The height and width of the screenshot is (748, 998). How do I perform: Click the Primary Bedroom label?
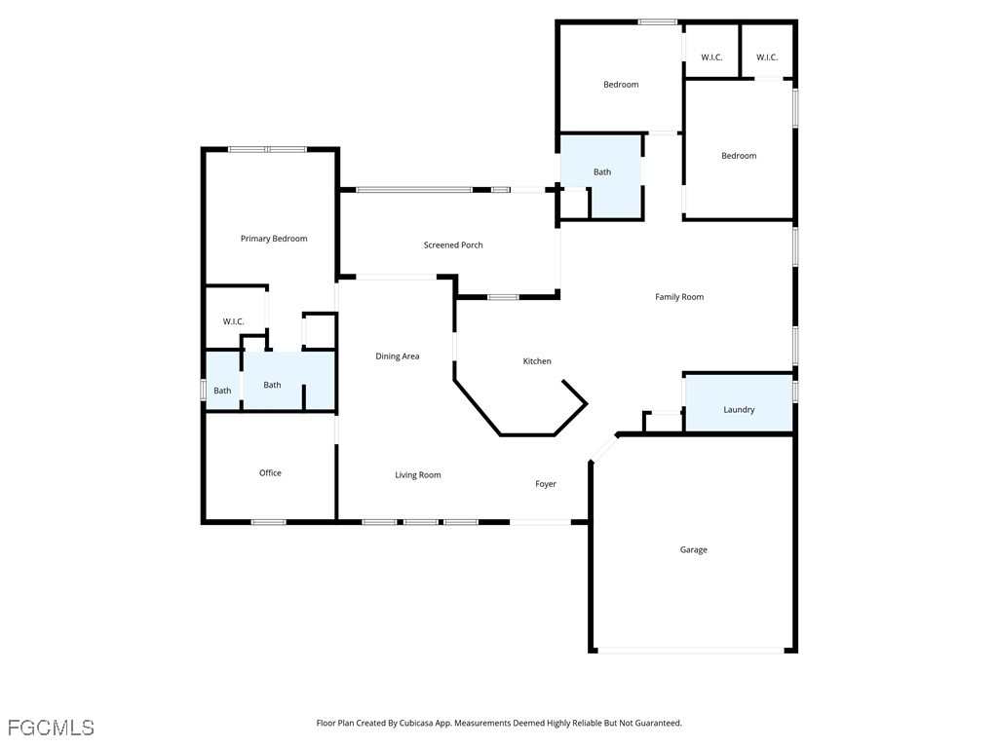[274, 239]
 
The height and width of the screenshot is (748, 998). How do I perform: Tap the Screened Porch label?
[453, 244]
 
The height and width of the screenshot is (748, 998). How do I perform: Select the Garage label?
[693, 549]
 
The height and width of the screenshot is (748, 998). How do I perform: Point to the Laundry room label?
[739, 410]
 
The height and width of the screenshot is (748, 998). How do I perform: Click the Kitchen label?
[537, 361]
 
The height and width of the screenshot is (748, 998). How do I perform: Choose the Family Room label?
[679, 296]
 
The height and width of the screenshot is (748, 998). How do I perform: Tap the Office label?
[270, 472]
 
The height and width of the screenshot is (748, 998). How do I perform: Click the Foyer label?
[546, 484]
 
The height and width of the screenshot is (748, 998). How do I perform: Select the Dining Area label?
[398, 356]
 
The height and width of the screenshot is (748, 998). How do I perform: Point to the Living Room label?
[417, 474]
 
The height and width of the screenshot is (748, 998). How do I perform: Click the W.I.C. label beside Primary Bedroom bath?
[233, 321]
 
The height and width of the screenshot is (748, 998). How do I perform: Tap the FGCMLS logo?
[51, 728]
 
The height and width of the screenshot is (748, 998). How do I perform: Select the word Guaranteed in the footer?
[658, 723]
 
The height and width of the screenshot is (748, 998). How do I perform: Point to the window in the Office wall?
[269, 522]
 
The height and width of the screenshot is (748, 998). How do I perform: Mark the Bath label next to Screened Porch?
[602, 171]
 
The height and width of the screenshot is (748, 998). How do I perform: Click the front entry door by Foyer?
[540, 522]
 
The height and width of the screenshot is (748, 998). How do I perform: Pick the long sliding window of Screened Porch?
[414, 190]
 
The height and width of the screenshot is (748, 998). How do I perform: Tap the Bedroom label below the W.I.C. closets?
[739, 156]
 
